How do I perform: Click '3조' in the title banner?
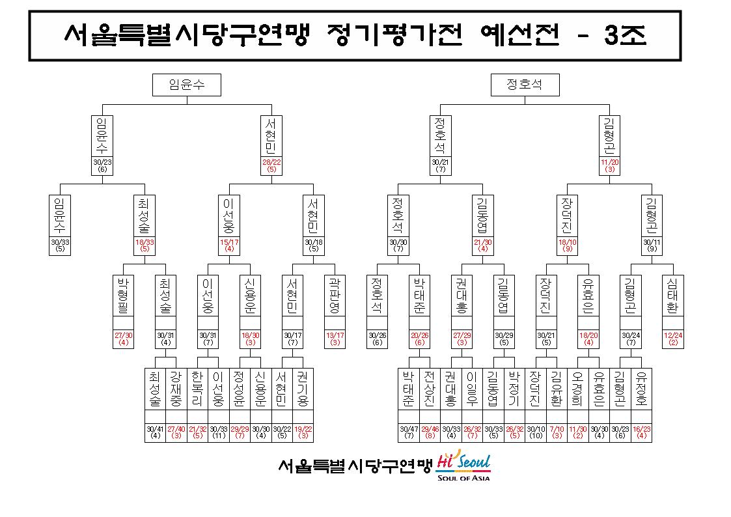click(625, 35)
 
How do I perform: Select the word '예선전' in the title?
click(520, 35)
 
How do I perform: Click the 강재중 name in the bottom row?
click(176, 389)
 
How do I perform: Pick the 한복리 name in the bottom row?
click(197, 389)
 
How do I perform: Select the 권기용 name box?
click(303, 389)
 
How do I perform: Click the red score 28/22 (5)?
click(271, 165)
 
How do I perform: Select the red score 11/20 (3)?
click(609, 165)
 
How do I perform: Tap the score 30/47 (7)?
click(409, 432)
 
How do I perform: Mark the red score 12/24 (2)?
click(672, 339)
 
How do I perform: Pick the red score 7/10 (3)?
click(557, 432)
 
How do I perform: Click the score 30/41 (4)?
click(155, 432)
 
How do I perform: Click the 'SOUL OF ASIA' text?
click(463, 478)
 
